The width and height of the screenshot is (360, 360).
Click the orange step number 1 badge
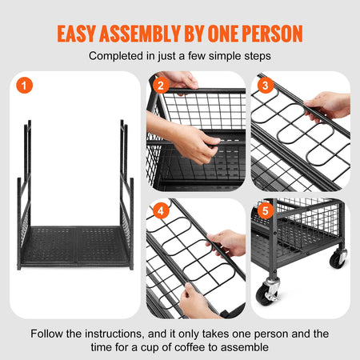click(x=27, y=85)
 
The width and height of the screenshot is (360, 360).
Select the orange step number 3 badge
click(x=266, y=85)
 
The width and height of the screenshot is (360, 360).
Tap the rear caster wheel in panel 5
click(x=338, y=258)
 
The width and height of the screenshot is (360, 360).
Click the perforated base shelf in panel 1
click(x=76, y=249)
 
